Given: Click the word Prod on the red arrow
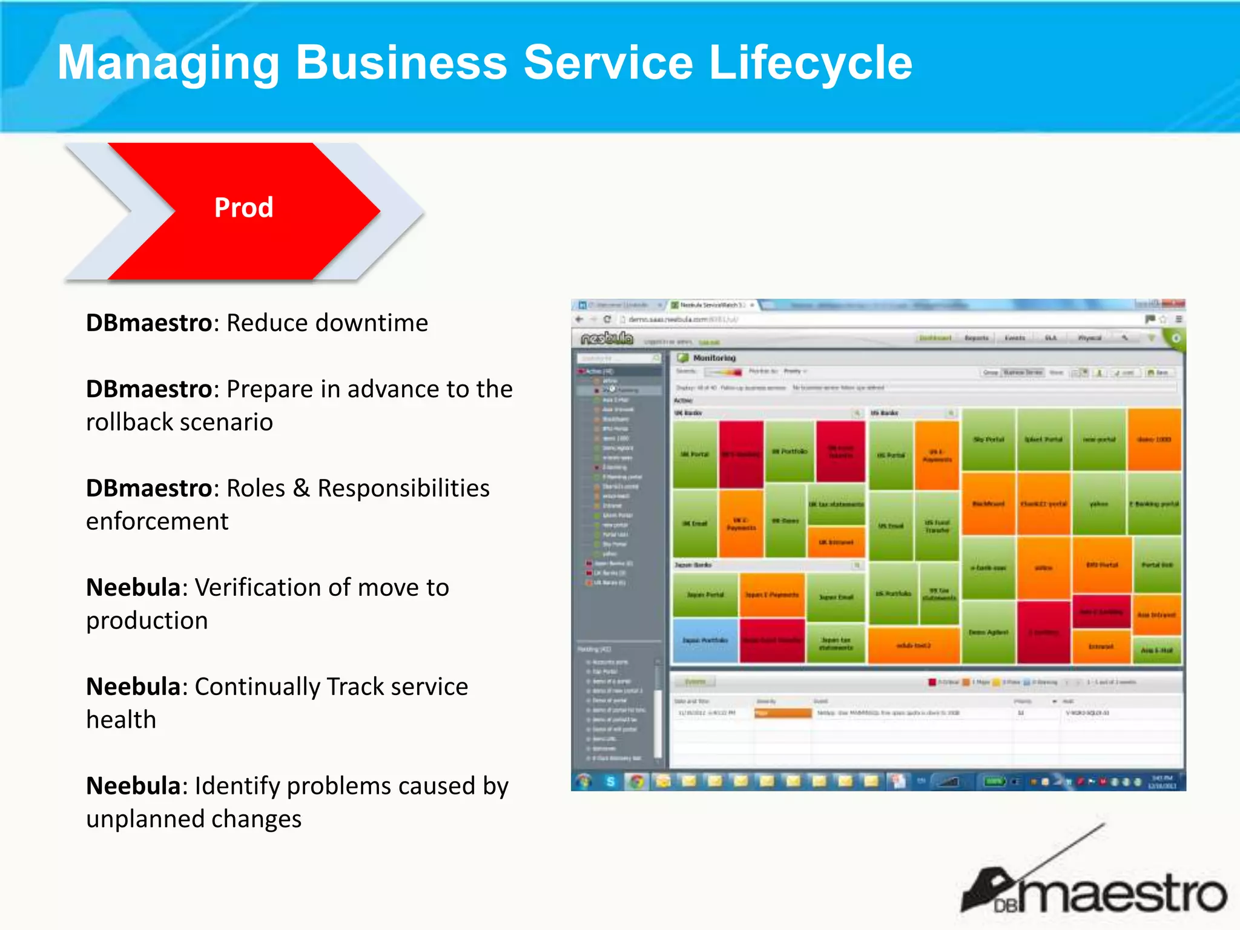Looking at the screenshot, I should [x=243, y=208].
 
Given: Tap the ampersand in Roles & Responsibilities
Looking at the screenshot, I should [x=301, y=489].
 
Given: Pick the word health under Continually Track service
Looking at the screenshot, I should [x=121, y=720].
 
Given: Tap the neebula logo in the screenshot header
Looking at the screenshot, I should [x=606, y=338].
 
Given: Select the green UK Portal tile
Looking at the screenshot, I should [x=694, y=454].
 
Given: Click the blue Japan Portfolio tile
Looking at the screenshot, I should [x=705, y=641].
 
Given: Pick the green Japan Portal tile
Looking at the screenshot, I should [x=705, y=595].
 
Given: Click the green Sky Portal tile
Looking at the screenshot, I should [x=988, y=440].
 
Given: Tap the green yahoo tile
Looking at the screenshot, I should [x=1098, y=504].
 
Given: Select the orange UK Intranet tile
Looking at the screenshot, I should [x=836, y=542].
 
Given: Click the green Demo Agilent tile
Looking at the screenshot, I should [x=988, y=632].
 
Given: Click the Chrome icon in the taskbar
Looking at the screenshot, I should [x=636, y=782].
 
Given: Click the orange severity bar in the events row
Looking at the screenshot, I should [x=782, y=713].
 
